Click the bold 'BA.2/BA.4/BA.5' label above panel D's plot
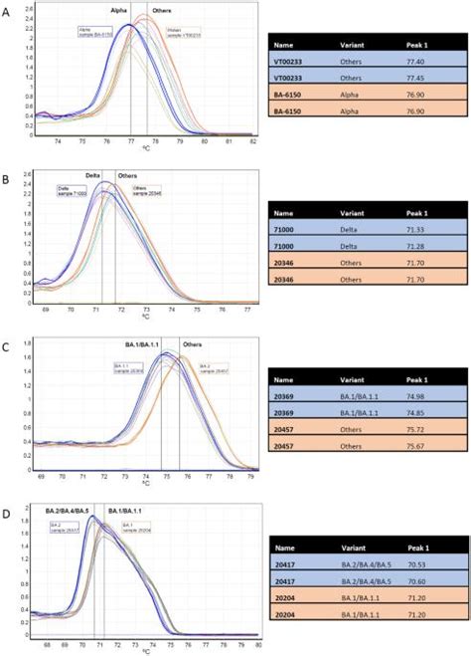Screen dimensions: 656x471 click(67, 509)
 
